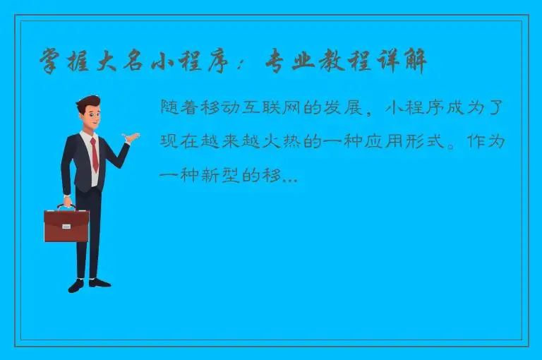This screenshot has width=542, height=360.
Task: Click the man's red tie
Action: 94,155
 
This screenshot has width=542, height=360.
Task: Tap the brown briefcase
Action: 66,225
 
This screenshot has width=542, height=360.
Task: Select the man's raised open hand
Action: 128,138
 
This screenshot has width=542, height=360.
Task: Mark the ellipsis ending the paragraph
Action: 289,179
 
